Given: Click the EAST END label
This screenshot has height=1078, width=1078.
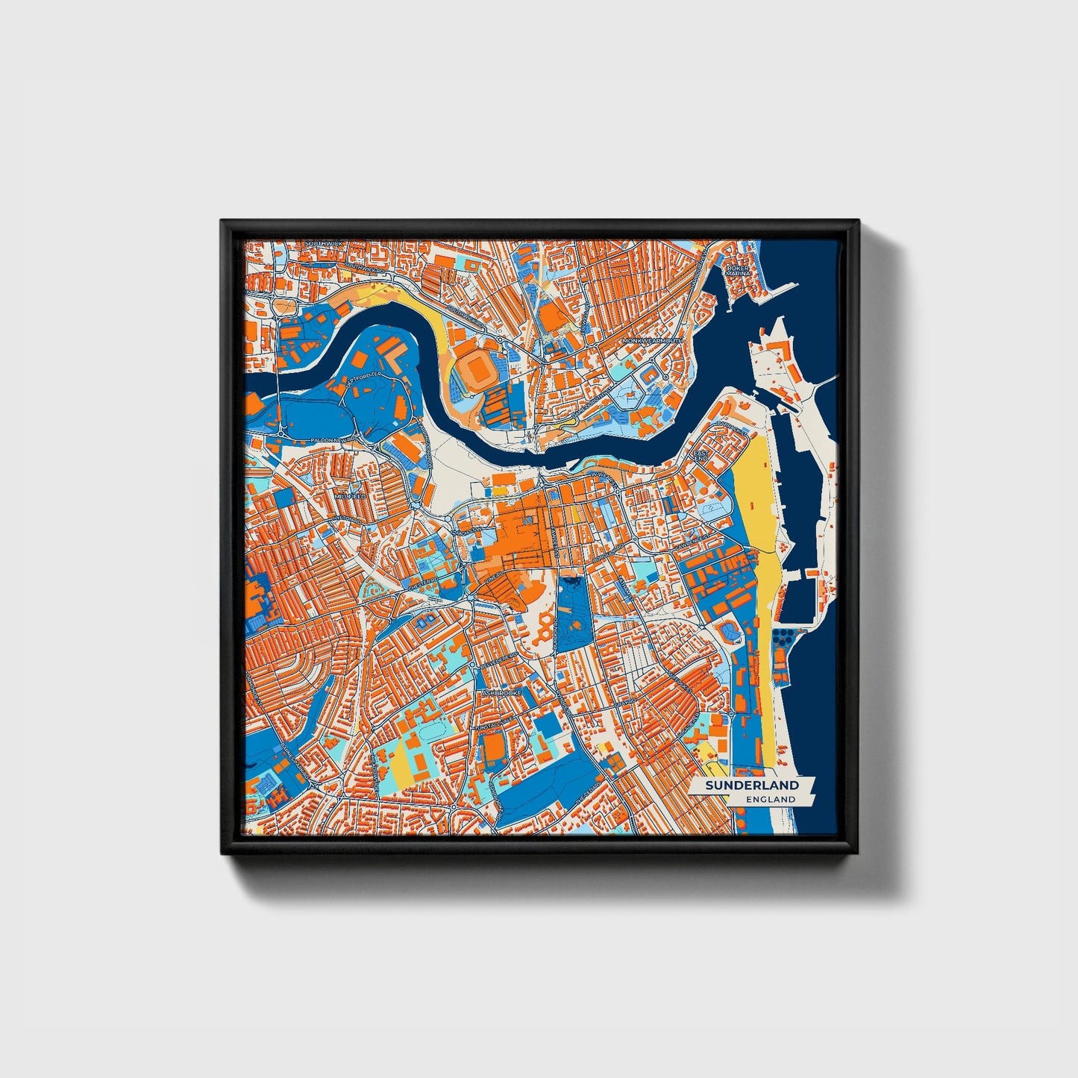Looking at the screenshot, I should (701, 455).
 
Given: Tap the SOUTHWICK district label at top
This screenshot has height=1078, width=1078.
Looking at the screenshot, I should (322, 244).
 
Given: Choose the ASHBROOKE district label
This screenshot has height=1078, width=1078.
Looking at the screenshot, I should (501, 692).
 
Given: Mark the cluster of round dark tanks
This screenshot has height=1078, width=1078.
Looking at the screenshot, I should (784, 638).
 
